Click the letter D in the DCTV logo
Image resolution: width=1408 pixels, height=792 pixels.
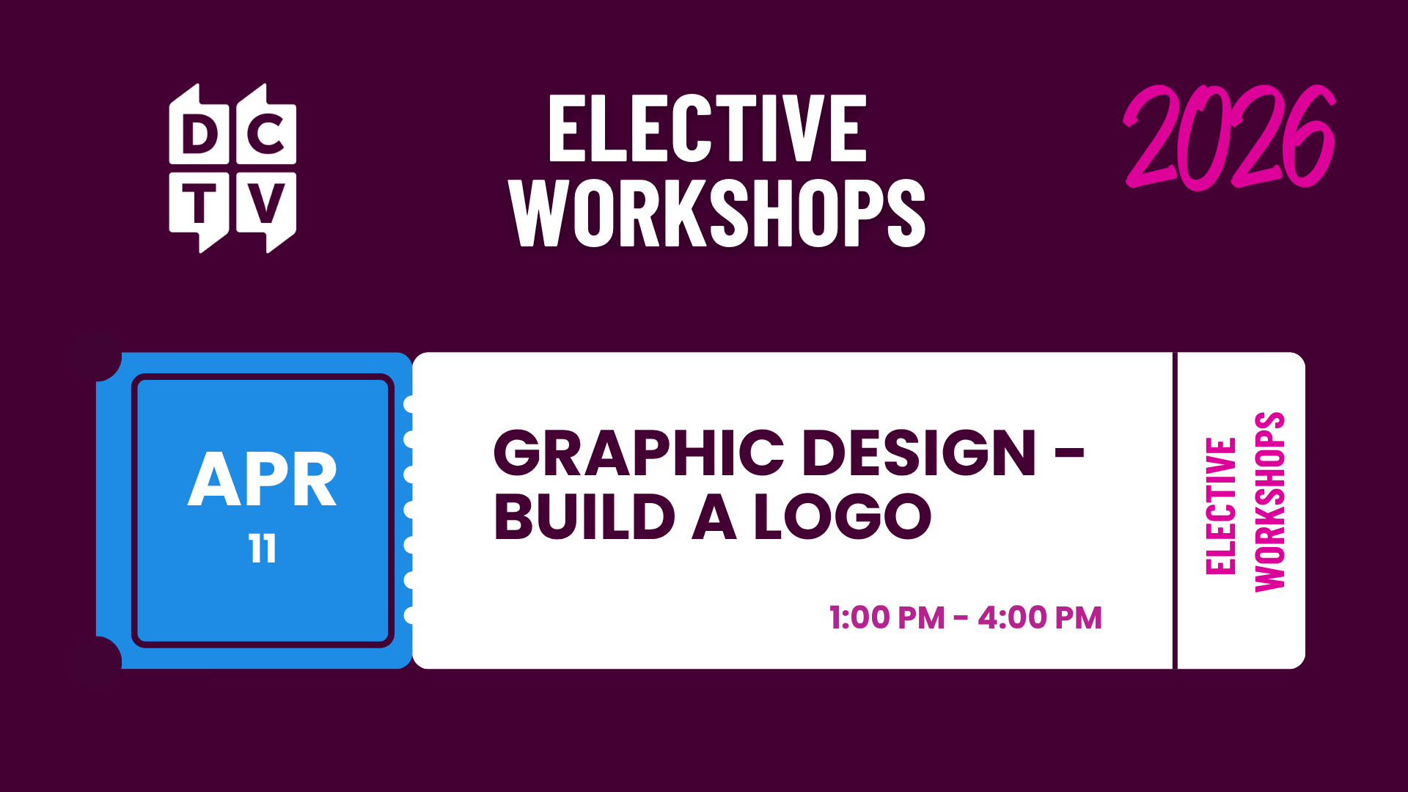(199, 134)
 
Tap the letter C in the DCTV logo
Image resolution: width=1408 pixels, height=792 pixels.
(265, 134)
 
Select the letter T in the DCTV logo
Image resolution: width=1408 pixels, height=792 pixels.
(199, 203)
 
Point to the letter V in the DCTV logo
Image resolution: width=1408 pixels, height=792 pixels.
(266, 203)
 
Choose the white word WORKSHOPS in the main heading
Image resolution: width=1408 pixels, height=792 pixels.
(717, 213)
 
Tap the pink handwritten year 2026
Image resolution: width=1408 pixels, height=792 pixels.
(1230, 137)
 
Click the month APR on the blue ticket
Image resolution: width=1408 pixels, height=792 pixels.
(263, 480)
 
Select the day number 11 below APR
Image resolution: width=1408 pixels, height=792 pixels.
(263, 549)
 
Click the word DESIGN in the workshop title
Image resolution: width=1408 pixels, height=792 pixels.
(920, 452)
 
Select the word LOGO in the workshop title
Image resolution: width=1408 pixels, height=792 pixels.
(843, 517)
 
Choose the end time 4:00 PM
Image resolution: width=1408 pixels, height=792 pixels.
(1040, 617)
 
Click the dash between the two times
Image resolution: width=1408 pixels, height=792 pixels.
(961, 619)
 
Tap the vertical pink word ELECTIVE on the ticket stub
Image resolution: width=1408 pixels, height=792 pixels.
(1221, 506)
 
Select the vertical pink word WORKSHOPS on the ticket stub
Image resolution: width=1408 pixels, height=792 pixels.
(1270, 502)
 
